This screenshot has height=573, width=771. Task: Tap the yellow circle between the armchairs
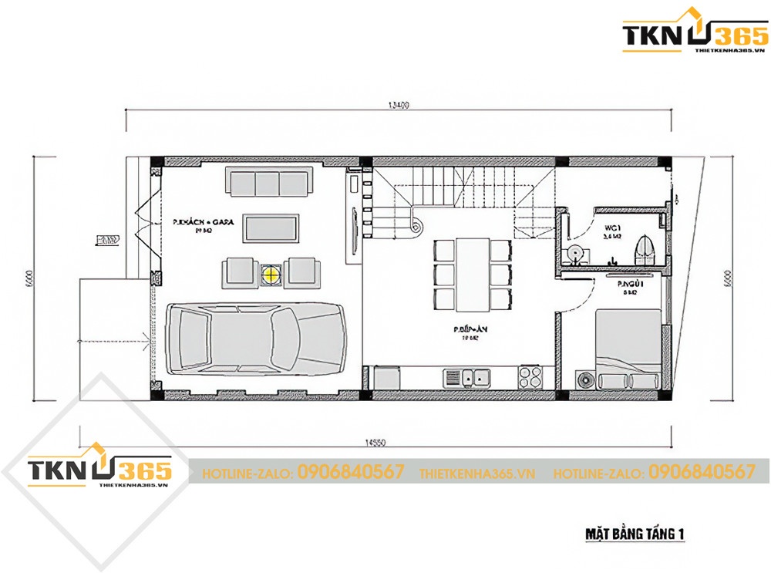[x=271, y=272]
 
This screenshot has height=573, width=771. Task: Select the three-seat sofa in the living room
[x=268, y=183]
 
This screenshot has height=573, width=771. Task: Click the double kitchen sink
[x=469, y=378]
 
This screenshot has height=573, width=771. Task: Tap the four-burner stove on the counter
[x=530, y=378]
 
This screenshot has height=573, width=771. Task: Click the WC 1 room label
[x=614, y=228]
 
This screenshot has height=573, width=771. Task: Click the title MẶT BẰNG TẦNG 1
[x=630, y=533]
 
